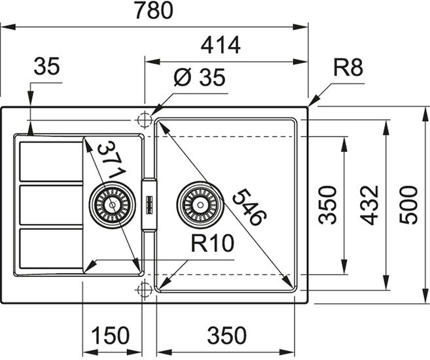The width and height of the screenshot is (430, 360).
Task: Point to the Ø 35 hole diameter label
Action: (x=200, y=78)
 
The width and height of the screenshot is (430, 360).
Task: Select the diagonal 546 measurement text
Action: (x=249, y=206)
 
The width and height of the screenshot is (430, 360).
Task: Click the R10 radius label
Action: (x=213, y=243)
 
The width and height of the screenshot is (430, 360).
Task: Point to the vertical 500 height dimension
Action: (x=410, y=205)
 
